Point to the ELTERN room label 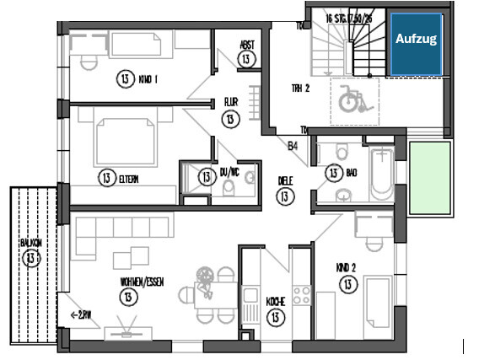pyautogui.click(x=129, y=178)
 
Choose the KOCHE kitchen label pyautogui.click(x=274, y=301)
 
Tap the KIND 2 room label pyautogui.click(x=346, y=269)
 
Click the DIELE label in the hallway pyautogui.click(x=285, y=180)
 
